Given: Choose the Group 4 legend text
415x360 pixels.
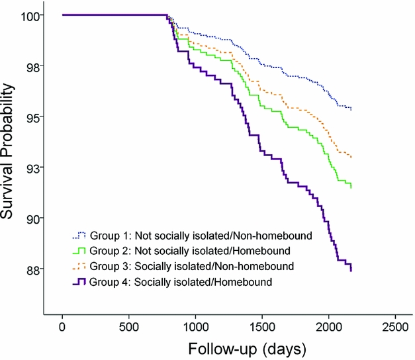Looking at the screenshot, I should click(x=172, y=283).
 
